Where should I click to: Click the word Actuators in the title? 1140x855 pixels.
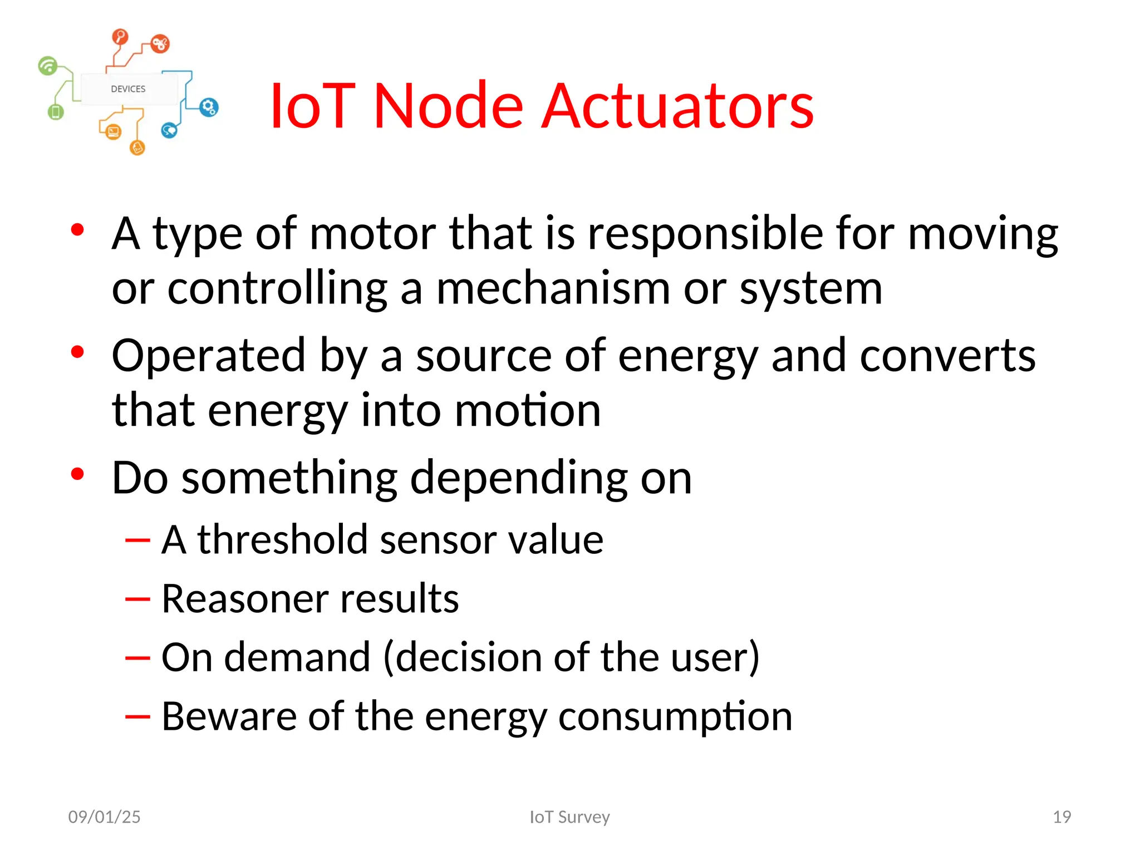[x=677, y=106]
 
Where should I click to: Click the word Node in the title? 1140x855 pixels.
[x=449, y=106]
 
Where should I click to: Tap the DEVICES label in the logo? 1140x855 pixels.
[x=128, y=89]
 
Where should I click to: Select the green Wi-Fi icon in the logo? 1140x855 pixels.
[x=48, y=66]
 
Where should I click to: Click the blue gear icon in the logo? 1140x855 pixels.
[x=209, y=107]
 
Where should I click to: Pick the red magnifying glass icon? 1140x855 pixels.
[x=120, y=37]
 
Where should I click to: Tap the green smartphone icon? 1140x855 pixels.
[x=56, y=112]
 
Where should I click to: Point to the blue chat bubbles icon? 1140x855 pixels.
[x=169, y=131]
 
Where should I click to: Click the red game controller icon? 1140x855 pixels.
[x=160, y=43]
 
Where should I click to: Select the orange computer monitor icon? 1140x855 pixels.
[x=114, y=132]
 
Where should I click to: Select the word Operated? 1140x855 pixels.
[x=209, y=356]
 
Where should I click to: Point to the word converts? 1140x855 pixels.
[x=947, y=356]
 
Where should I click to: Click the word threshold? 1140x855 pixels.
[x=282, y=539]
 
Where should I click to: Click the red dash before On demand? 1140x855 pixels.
[x=137, y=659]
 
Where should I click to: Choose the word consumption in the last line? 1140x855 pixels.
[x=675, y=717]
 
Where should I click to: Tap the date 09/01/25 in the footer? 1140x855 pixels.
[x=104, y=817]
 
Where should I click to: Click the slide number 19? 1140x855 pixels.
[x=1062, y=817]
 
